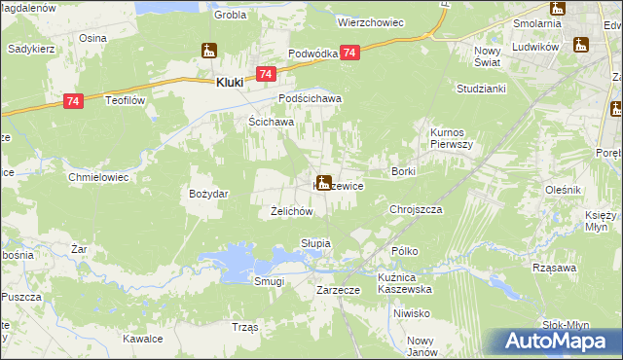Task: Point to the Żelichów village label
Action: click(x=290, y=210)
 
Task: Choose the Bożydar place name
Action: click(x=208, y=194)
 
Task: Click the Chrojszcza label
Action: click(x=416, y=209)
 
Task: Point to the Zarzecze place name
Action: click(x=339, y=290)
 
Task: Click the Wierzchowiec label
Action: click(x=369, y=19)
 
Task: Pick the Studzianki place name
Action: click(x=476, y=88)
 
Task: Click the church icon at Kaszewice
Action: click(x=322, y=180)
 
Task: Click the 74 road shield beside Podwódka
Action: click(x=350, y=54)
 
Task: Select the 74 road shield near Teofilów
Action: click(x=72, y=100)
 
